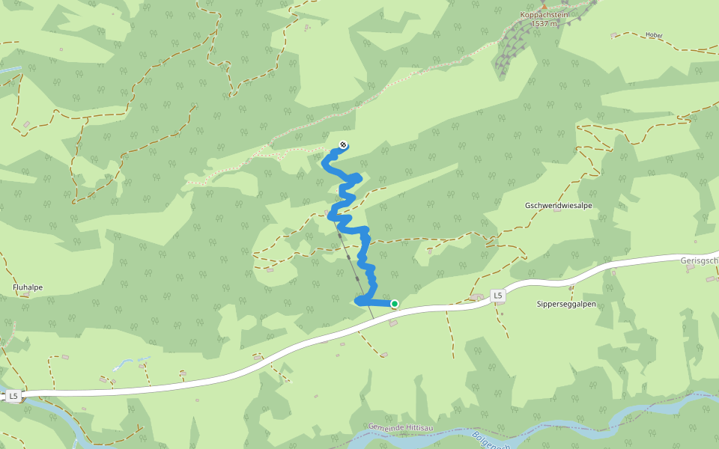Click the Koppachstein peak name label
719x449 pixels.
[x=544, y=14]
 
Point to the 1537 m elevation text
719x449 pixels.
[x=544, y=24]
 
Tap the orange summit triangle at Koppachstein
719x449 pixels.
[x=544, y=5]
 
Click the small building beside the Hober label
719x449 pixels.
[x=614, y=35]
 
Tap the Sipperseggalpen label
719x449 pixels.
[x=566, y=304]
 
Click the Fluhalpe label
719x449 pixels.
[x=28, y=287]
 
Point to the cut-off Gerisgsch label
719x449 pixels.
[x=700, y=260]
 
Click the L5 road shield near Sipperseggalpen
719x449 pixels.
[x=498, y=296]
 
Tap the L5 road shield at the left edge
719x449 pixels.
[x=13, y=395]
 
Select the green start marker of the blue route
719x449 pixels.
[x=395, y=303]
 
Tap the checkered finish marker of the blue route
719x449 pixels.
[x=343, y=144]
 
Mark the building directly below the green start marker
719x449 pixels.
[x=394, y=323]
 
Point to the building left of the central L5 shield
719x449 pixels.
[x=476, y=298]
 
